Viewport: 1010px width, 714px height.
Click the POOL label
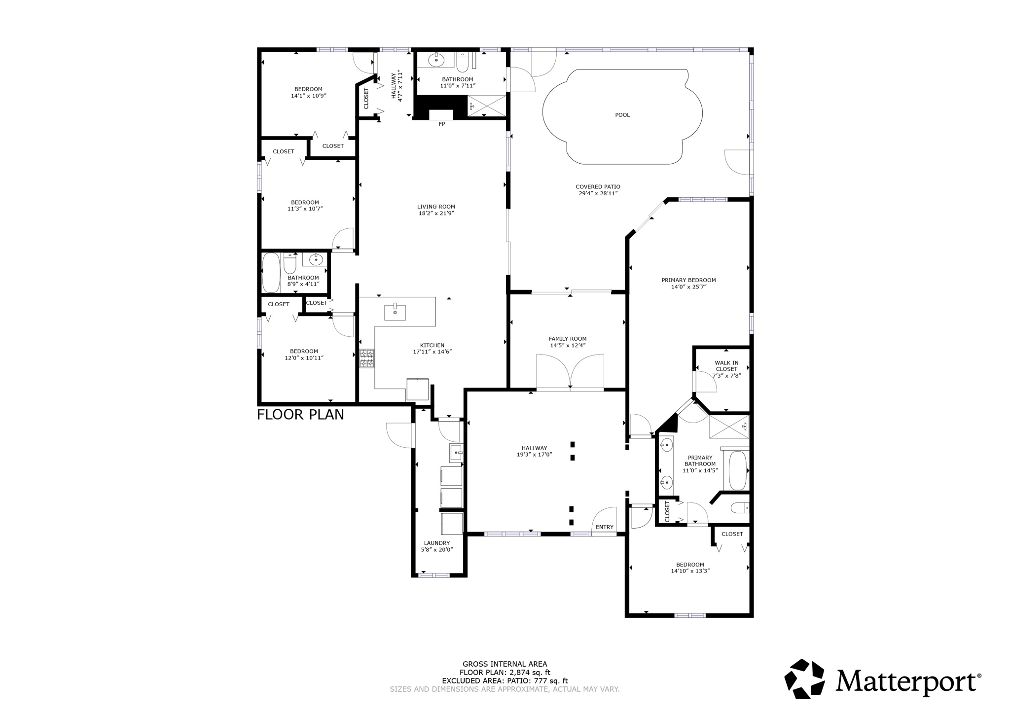pos(622,115)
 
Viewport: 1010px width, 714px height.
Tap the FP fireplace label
pos(442,124)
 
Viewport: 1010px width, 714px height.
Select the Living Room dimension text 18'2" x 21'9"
pos(436,214)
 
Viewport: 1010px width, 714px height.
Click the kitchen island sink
pos(395,312)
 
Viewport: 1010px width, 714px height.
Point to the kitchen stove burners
pos(367,358)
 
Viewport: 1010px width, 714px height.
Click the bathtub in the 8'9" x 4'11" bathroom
pos(271,273)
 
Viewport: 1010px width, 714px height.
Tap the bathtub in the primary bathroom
pos(738,470)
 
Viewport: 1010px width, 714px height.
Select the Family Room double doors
pos(570,372)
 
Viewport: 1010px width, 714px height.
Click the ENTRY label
pos(605,527)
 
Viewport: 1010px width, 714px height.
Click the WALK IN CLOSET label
pos(726,366)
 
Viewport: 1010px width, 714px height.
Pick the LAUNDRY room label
pos(435,543)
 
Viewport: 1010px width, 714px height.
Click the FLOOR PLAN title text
pos(300,415)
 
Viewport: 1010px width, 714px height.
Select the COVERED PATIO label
pos(598,187)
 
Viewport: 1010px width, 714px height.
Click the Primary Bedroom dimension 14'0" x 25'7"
pos(689,286)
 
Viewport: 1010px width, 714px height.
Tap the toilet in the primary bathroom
pos(740,507)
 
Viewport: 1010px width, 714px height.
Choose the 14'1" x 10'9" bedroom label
pos(309,96)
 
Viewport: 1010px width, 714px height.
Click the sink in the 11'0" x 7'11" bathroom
pos(436,60)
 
